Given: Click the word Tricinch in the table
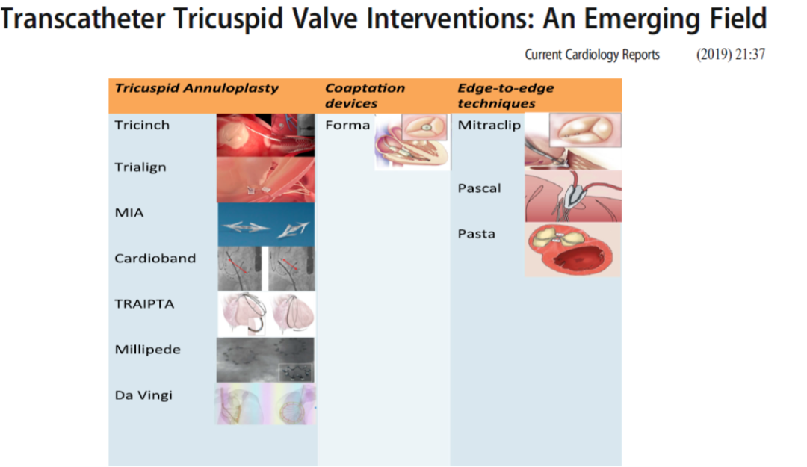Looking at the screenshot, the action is pos(141,125).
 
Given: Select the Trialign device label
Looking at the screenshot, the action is pos(140,167).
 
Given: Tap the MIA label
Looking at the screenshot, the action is pos(129,213).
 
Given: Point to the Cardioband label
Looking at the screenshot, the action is pos(155,258).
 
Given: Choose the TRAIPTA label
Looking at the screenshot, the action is pos(144,304).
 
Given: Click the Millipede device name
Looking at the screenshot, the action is pos(148,350).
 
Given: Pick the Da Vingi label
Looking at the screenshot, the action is pos(143,395).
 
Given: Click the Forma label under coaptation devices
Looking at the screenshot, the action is pos(347,125).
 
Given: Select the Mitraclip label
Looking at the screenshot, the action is pos(489,125).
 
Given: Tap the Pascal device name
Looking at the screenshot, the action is pos(479,188).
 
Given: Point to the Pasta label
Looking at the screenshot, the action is pos(477,234).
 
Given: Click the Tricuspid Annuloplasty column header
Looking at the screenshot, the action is pos(197,88).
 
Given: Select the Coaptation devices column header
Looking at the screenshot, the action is pos(365,96).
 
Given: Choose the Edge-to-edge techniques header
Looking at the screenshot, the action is pos(506,96).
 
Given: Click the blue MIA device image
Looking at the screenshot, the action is pos(266,224).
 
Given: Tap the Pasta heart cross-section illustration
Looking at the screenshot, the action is pos(573,250).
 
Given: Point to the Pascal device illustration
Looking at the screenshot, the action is pos(573,197).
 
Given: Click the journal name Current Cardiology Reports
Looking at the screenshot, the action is pos(592,55).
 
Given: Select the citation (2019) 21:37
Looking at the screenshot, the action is pos(731,55).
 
